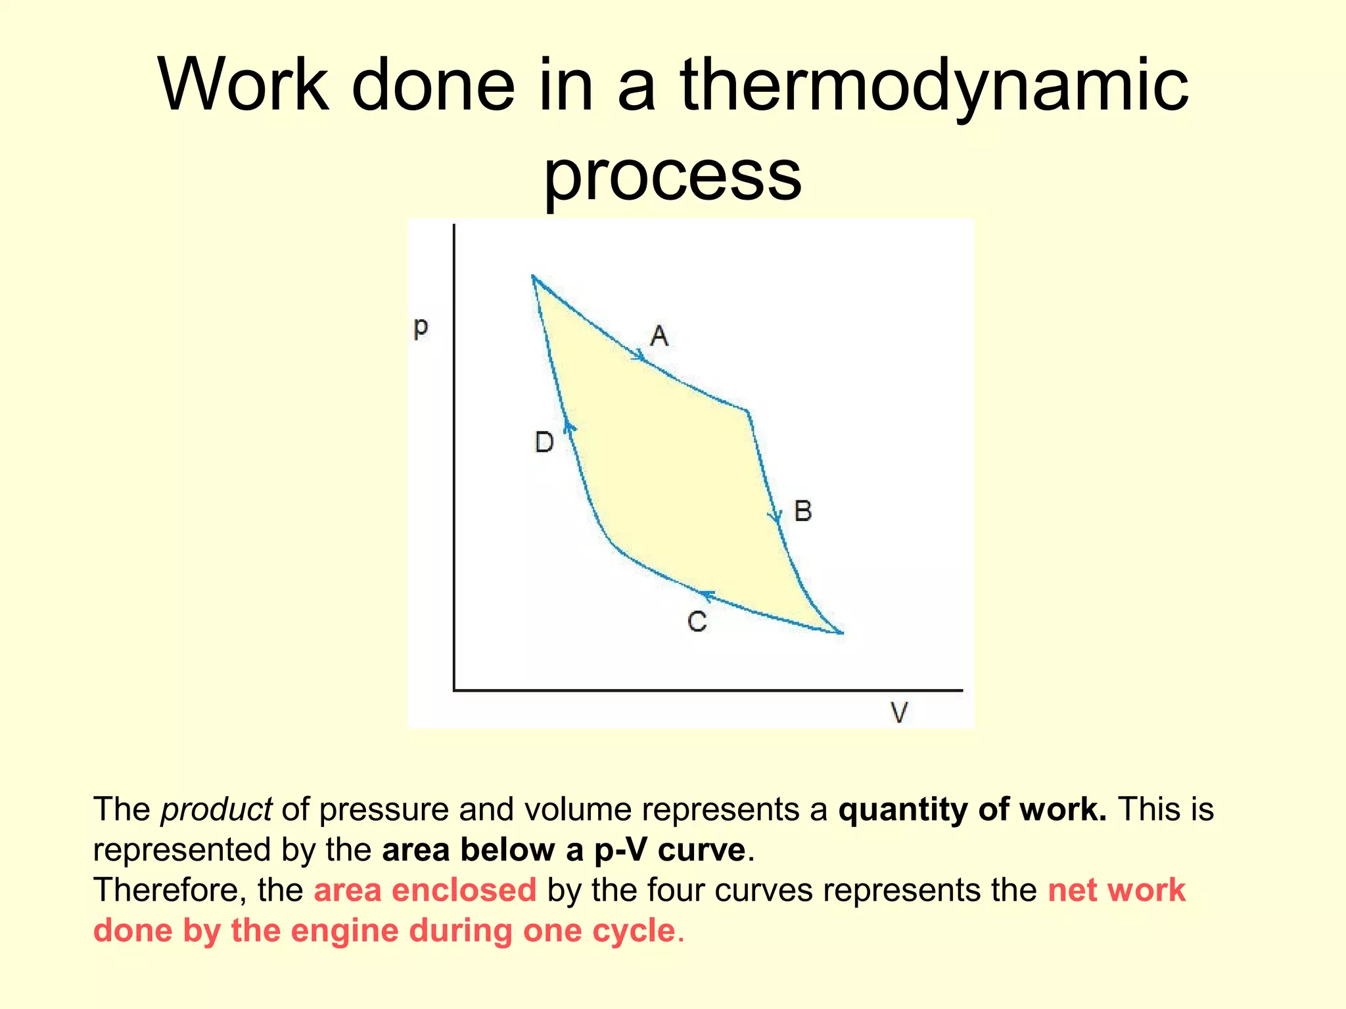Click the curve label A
click(x=659, y=336)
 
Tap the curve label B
click(x=803, y=511)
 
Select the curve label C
click(x=697, y=621)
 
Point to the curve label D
click(x=544, y=442)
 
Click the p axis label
click(x=421, y=326)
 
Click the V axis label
click(x=899, y=712)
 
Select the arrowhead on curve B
click(x=776, y=517)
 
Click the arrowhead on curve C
click(x=707, y=596)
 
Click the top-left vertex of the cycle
click(x=533, y=277)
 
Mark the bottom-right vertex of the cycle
click(x=841, y=633)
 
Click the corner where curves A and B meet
click(x=747, y=412)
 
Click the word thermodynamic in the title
click(x=934, y=86)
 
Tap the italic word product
click(x=216, y=809)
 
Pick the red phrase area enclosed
click(x=425, y=890)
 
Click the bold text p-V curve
click(x=670, y=850)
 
